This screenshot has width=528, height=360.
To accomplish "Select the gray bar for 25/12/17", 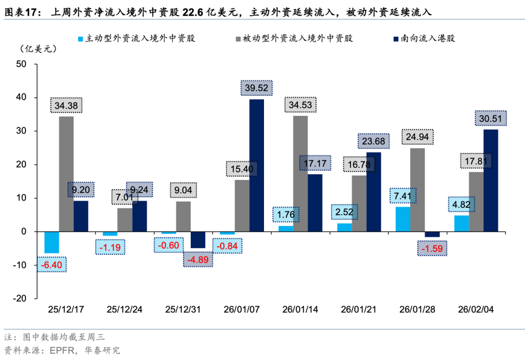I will coord(66,174).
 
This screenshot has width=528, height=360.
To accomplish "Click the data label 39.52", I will coord(257,88).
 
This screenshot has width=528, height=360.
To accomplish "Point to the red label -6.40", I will coord(52,265).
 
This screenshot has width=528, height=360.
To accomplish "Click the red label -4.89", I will coord(198,259).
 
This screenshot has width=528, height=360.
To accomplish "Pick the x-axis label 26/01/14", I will coord(300,310).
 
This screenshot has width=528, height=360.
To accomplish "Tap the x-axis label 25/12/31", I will coord(183,310).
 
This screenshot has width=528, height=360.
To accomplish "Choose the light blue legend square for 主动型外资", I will coord(81,38).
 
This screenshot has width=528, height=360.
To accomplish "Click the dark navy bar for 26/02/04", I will coord(491,180).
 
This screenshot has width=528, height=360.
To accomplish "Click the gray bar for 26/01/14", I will coord(300,174).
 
